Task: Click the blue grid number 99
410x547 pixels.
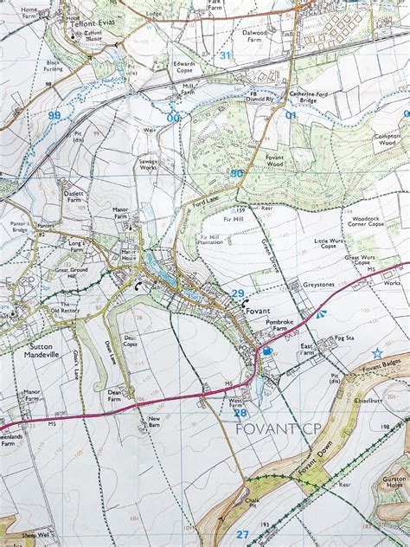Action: [x=54, y=115]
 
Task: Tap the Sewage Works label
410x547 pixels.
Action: [x=148, y=164]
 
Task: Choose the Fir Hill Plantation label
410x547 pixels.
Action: [x=210, y=240]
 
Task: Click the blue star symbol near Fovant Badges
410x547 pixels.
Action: [x=377, y=352]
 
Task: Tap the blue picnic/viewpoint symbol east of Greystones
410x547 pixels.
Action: [x=321, y=314]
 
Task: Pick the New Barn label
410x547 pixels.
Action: [x=154, y=422]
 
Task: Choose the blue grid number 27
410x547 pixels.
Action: [x=241, y=534]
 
